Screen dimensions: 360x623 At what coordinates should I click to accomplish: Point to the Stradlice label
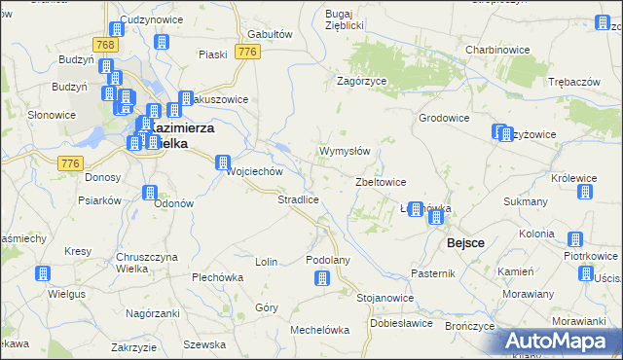(298, 199)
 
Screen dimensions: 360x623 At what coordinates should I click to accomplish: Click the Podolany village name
(327, 260)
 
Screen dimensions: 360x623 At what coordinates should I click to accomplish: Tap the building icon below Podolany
(322, 279)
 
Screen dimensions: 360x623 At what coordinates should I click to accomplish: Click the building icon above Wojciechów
(223, 162)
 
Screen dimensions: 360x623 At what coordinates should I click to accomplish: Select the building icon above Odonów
(150, 193)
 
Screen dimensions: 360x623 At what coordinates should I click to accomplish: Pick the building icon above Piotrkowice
(575, 239)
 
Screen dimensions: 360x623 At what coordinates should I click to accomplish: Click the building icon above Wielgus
(42, 273)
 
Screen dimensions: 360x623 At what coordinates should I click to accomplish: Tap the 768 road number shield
(105, 45)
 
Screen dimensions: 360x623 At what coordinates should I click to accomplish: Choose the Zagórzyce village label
(362, 82)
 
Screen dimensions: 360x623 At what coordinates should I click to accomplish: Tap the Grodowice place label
(444, 118)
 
